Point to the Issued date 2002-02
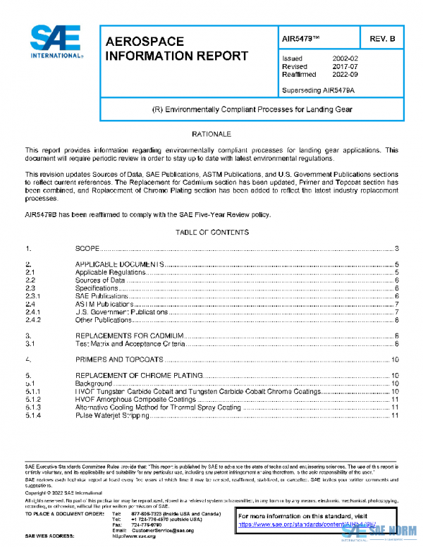345,59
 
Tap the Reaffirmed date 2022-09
345,74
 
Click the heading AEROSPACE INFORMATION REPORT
176,49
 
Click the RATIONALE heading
211,133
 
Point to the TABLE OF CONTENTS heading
211,232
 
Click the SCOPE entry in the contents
86,249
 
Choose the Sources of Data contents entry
100,280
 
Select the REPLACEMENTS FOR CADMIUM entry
130,336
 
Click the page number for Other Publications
398,320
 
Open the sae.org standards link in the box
303,525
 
